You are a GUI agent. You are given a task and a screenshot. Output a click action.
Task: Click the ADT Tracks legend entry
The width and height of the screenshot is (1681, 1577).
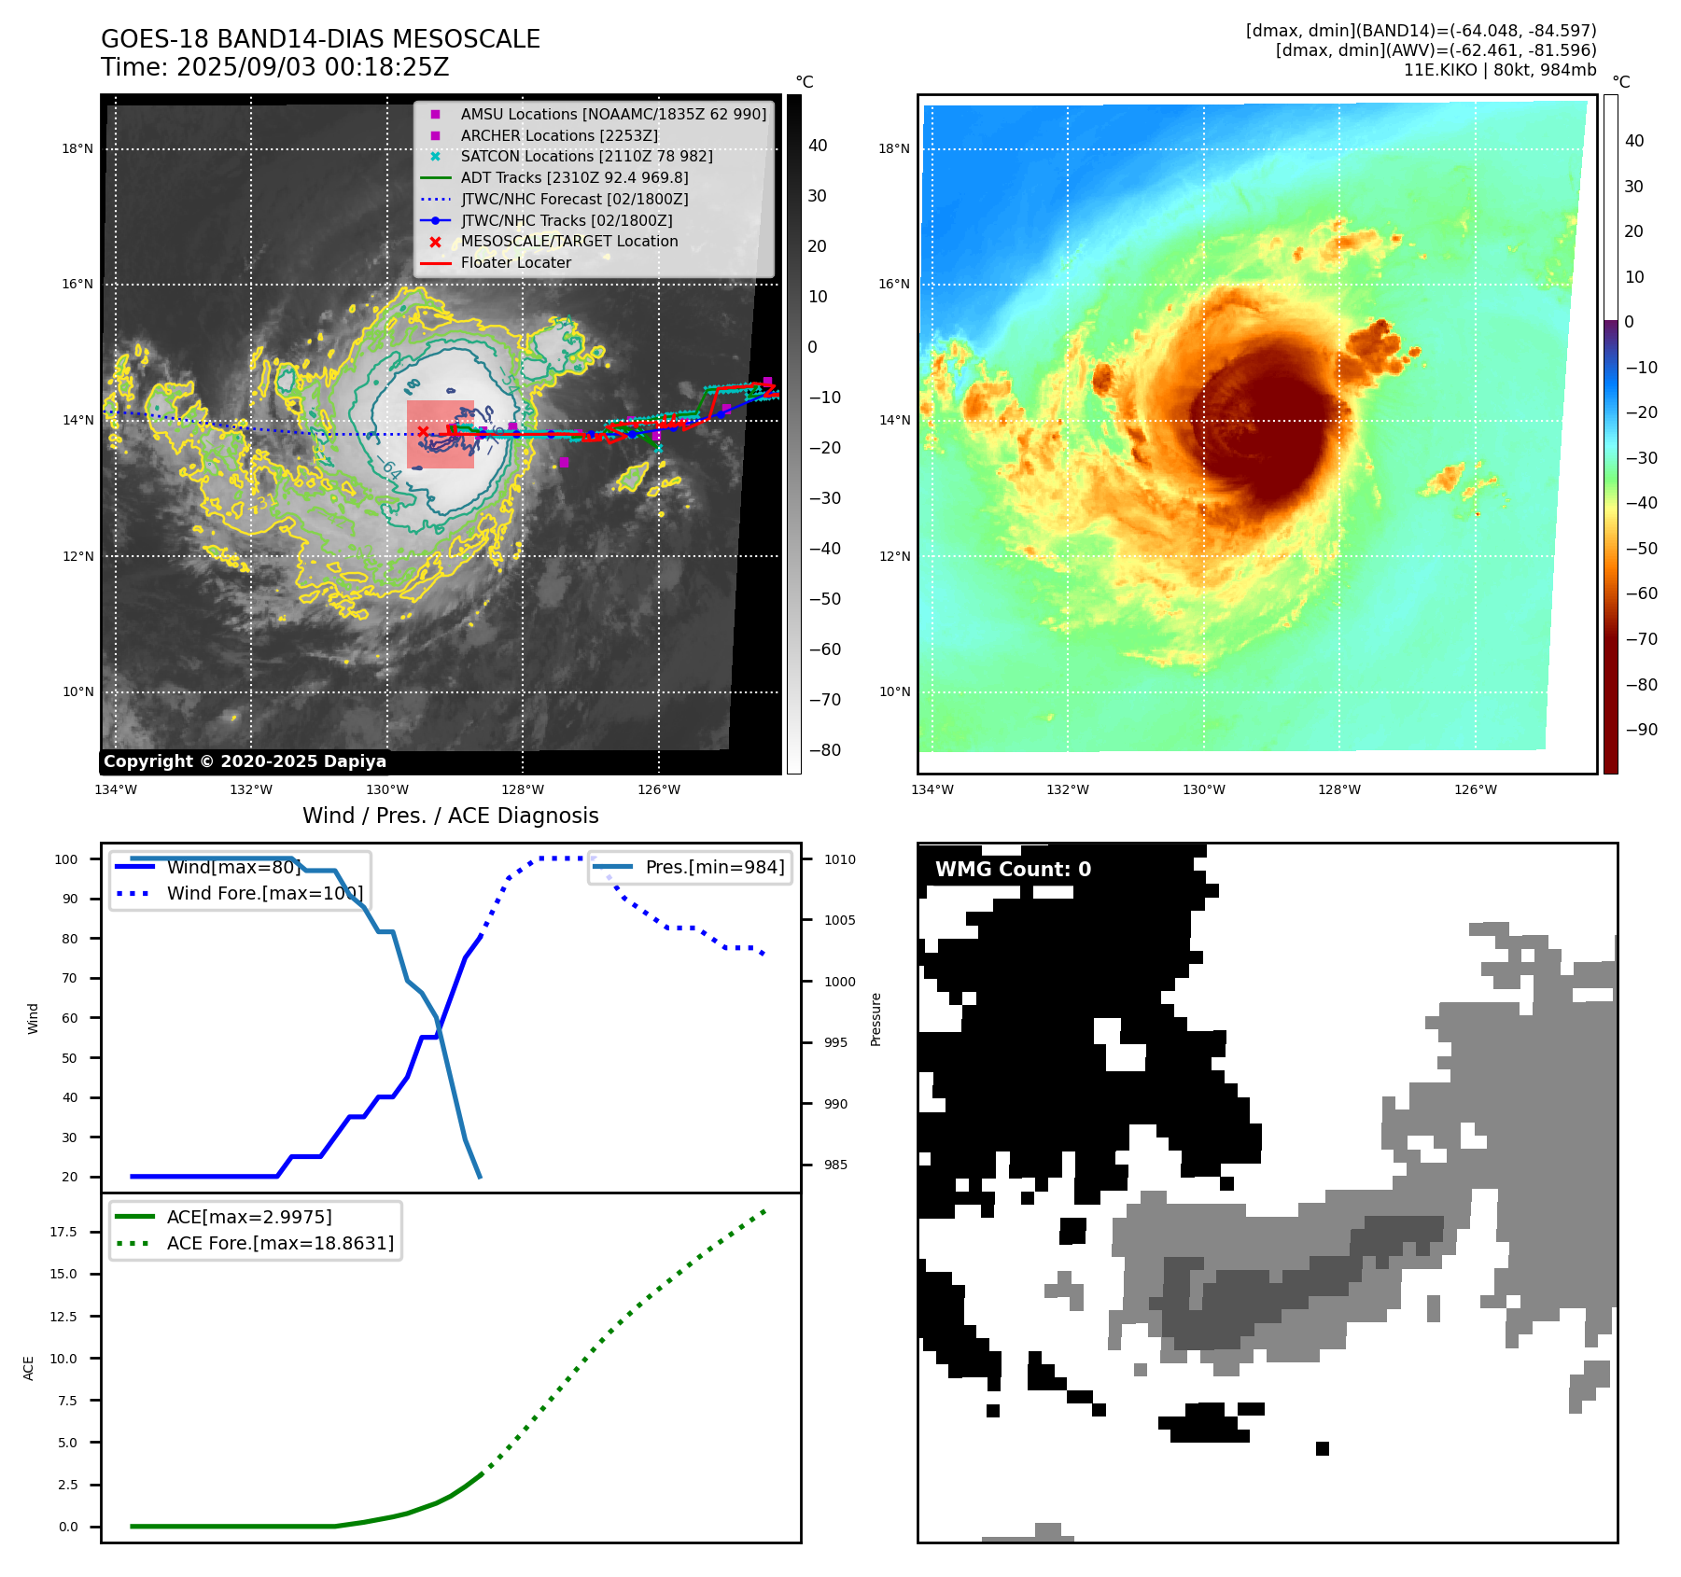pos(574,177)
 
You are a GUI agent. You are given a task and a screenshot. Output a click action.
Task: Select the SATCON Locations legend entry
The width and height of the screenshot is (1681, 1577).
pos(586,156)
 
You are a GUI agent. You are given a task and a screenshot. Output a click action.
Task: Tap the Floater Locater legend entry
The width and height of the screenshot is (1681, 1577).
pos(515,262)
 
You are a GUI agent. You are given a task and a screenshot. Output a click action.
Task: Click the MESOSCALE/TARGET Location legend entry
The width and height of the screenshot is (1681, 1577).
pos(568,241)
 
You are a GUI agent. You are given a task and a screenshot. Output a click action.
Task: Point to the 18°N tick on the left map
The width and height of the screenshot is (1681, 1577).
pos(77,148)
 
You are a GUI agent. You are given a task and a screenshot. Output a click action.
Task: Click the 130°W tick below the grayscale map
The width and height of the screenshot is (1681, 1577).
pos(386,789)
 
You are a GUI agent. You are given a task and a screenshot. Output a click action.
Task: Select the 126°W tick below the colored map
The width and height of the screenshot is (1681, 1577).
pos(1475,789)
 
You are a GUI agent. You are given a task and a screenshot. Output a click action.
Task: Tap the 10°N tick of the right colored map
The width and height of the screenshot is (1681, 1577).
pos(894,691)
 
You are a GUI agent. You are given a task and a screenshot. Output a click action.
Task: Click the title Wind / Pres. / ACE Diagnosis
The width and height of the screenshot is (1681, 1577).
pos(450,816)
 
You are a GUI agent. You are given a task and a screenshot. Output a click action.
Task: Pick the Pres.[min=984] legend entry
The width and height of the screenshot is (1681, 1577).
pos(714,867)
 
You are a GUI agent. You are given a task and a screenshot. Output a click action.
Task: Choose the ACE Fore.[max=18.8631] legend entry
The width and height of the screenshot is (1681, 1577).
pos(280,1243)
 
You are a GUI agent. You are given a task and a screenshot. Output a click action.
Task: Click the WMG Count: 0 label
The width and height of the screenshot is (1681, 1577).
pos(1013,869)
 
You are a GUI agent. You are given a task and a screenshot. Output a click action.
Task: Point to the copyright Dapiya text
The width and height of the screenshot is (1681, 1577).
pos(245,761)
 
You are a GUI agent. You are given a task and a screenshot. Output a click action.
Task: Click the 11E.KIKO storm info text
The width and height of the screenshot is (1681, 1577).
pos(1499,70)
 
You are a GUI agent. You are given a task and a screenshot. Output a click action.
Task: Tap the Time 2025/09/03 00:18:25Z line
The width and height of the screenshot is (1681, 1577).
pos(275,67)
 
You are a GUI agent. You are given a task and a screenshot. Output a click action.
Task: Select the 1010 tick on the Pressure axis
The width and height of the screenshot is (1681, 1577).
pos(839,859)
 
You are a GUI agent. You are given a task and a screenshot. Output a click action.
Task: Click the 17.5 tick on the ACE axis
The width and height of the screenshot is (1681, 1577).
pos(63,1232)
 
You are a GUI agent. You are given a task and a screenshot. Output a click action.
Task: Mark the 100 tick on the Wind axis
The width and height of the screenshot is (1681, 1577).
pos(66,859)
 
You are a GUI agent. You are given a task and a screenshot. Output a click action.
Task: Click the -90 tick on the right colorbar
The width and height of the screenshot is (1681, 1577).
pos(1641,730)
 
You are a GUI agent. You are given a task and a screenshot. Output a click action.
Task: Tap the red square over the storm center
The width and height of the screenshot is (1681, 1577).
pos(441,434)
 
